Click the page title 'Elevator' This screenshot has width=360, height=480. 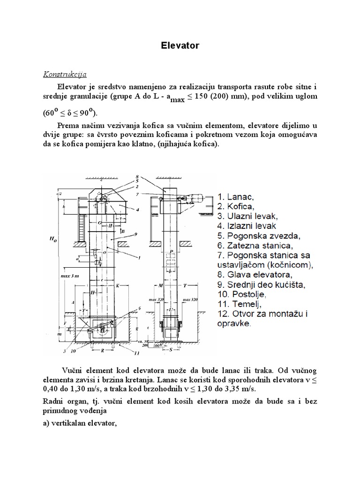click(x=180, y=45)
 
